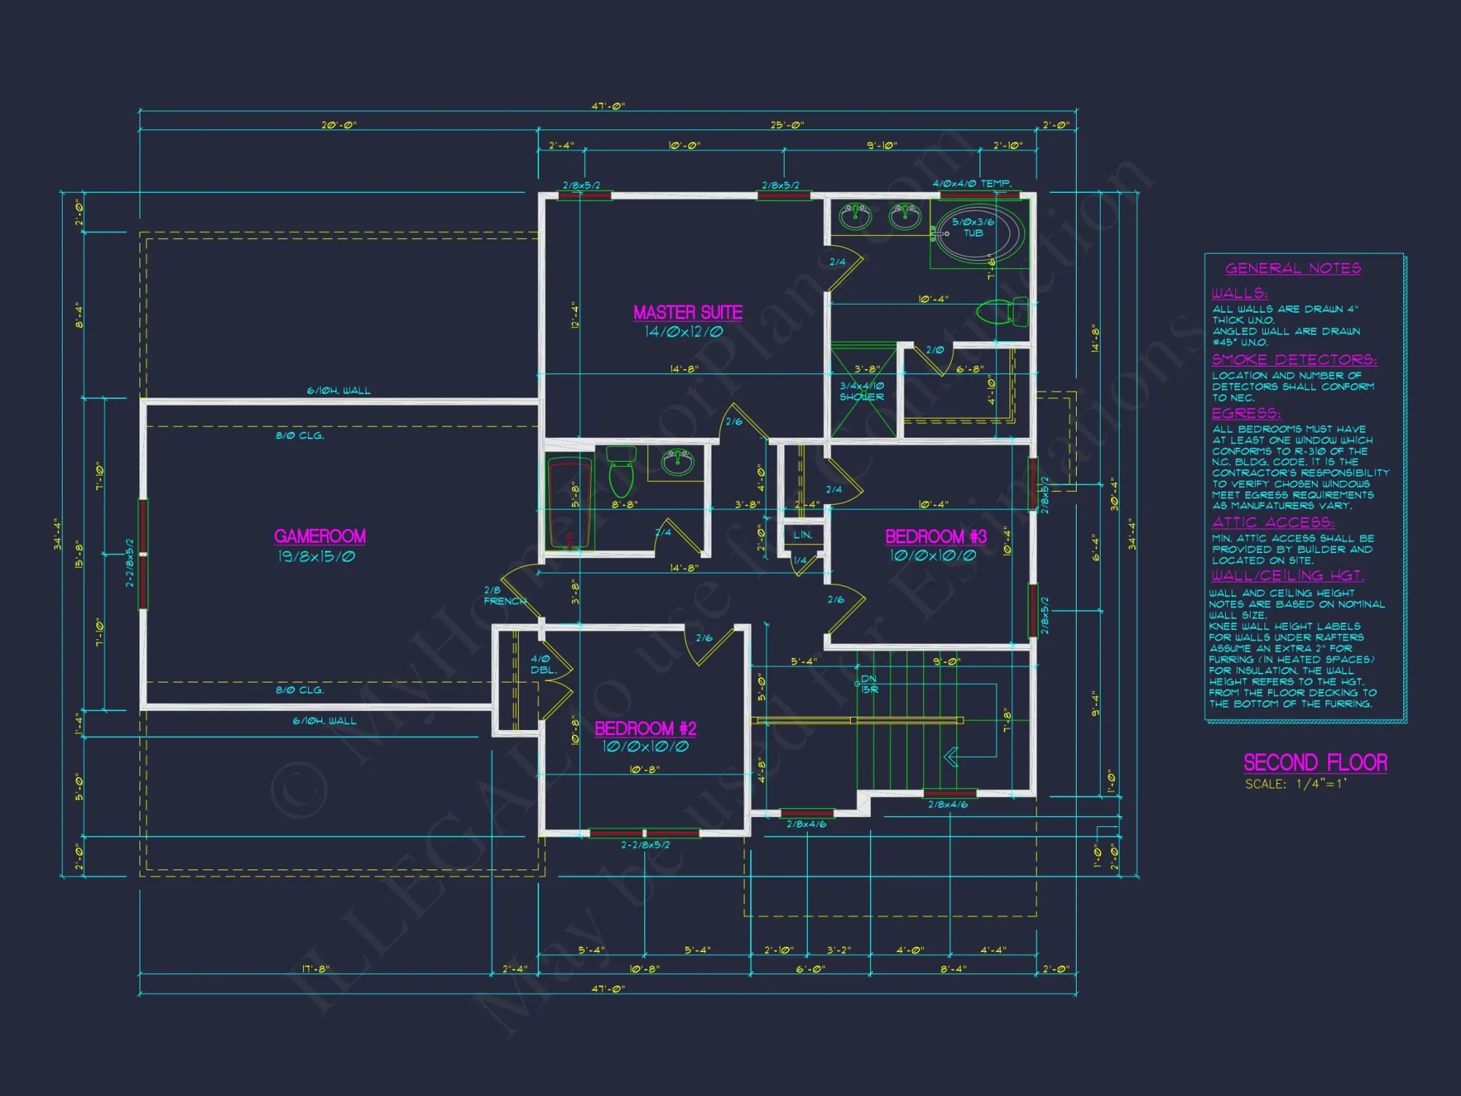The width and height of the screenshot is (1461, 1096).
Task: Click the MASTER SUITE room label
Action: point(687,313)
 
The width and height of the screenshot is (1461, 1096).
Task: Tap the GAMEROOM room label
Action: point(320,536)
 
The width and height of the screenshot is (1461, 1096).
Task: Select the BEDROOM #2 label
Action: point(645,728)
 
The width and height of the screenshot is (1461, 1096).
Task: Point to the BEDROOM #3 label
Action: point(936,537)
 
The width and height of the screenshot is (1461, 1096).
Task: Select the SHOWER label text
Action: point(861,397)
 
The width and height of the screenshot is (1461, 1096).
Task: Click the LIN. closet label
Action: point(803,535)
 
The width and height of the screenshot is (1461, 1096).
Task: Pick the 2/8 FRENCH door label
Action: point(503,595)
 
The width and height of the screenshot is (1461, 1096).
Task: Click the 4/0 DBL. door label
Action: point(543,664)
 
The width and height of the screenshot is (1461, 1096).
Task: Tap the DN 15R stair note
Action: point(869,684)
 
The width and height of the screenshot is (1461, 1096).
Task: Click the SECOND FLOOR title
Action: point(1315,763)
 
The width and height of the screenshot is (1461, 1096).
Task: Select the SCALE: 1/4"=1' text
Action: point(1296,784)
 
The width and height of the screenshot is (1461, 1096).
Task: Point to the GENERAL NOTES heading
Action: point(1293,268)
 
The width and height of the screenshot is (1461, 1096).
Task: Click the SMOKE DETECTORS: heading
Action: point(1294,359)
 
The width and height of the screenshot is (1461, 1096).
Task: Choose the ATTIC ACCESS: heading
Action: point(1273,522)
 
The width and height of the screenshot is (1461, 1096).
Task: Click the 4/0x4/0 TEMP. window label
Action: point(972,183)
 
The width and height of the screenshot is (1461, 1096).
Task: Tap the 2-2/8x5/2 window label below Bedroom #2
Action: point(645,845)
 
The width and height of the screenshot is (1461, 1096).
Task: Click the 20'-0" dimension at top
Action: point(339,125)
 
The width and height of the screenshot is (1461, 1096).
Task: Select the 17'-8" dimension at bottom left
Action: point(316,969)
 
